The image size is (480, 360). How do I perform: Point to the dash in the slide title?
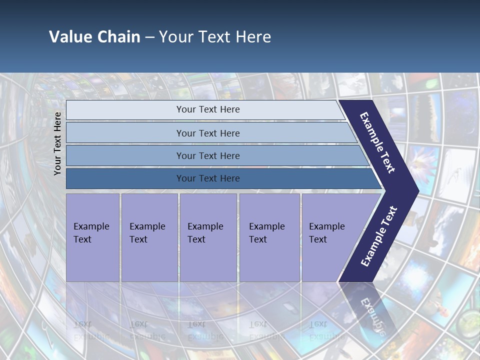pos(149,37)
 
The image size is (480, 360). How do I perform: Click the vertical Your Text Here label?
pos(57,143)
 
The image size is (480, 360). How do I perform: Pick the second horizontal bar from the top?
pos(208,133)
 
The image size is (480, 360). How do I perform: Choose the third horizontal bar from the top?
pos(208,155)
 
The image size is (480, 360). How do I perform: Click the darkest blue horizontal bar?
pos(208,178)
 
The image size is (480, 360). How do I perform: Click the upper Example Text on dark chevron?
pos(377,142)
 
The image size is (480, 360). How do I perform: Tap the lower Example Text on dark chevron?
pos(379,236)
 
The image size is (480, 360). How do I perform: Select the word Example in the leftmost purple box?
pos(91,226)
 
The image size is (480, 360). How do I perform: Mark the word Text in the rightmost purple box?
pos(318,239)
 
